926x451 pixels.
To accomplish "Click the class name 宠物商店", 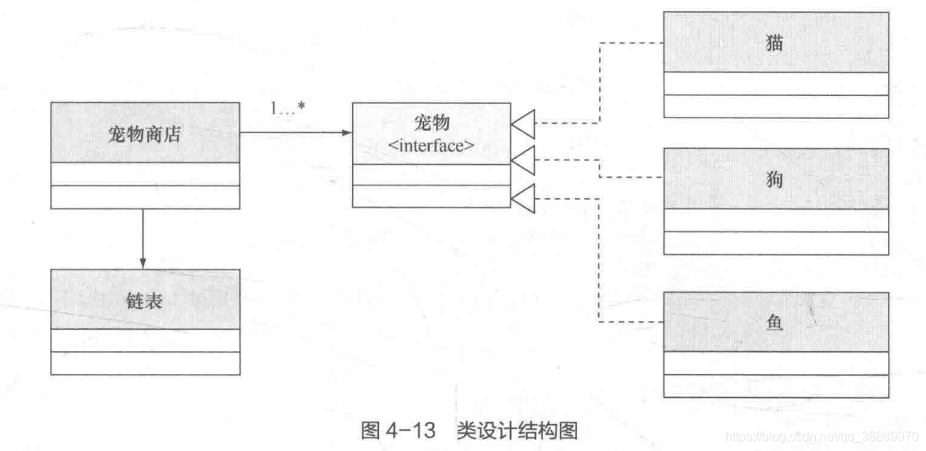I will (x=144, y=134).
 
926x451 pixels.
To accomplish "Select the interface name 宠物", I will (x=431, y=122).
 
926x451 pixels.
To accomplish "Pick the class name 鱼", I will (x=775, y=322).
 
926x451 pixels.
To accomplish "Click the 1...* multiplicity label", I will (x=289, y=109).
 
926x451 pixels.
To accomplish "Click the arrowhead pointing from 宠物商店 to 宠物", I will (x=346, y=132).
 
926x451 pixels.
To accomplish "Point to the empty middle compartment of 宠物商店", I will (x=144, y=174).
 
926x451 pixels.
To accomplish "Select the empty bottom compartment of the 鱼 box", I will (x=775, y=386).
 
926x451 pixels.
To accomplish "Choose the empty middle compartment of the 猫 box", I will (x=775, y=83).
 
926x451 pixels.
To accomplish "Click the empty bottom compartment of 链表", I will (x=144, y=363).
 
